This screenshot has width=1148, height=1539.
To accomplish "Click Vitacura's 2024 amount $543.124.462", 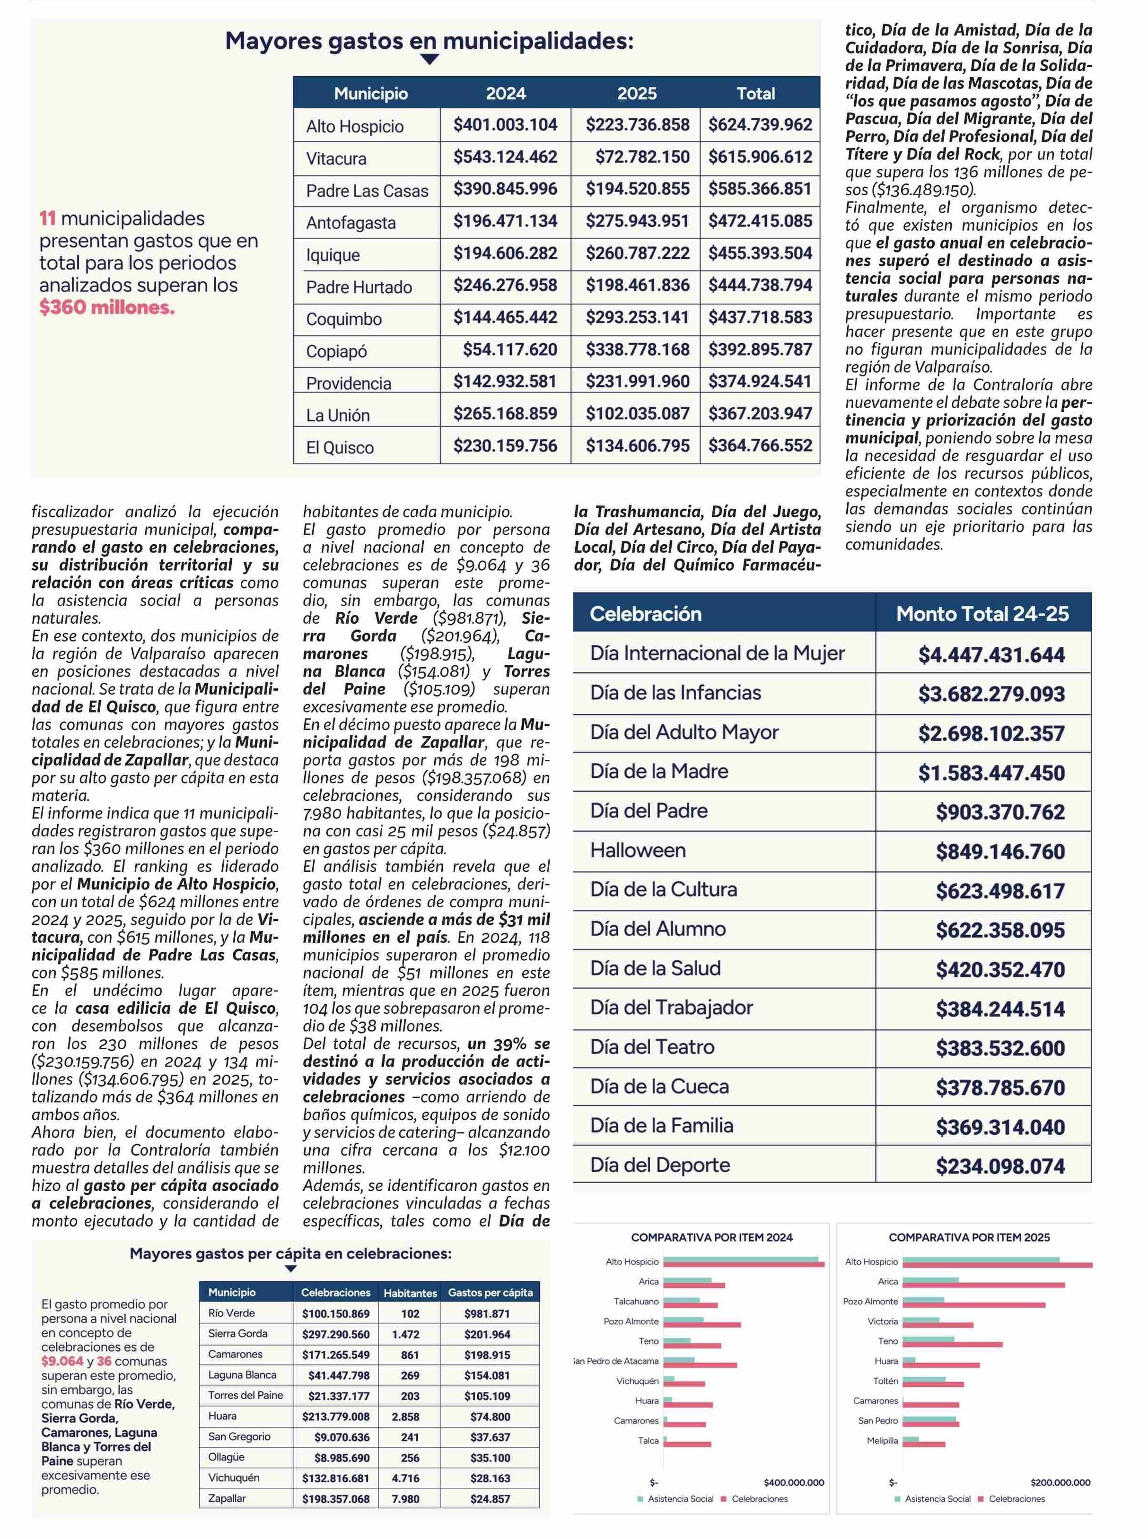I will coord(505,157).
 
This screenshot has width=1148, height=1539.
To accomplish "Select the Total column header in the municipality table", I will coord(755,94).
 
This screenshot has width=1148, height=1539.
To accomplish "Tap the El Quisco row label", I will coord(340,448).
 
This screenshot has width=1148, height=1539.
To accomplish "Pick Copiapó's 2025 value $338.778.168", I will coord(637,349).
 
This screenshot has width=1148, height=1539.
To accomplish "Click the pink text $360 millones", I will coord(107,308).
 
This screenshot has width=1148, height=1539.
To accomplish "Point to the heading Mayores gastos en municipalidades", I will coord(429,41).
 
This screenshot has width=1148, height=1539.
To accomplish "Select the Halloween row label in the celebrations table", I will coord(638,850).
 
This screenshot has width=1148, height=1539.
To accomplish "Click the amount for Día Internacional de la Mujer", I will coord(991,654).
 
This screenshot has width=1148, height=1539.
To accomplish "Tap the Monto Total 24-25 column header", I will coord(982,614).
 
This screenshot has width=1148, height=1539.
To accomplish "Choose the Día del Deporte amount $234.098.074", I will coord(1000,1166).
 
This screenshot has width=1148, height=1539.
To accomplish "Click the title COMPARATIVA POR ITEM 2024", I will coord(711,1237).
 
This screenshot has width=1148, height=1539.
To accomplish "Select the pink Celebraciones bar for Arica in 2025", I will coord(983,1285).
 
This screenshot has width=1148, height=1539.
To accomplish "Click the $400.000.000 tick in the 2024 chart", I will coord(794,1482).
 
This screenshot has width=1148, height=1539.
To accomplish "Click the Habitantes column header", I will coord(410,1293).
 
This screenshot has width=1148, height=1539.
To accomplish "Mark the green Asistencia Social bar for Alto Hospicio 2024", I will coord(740,1259).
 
